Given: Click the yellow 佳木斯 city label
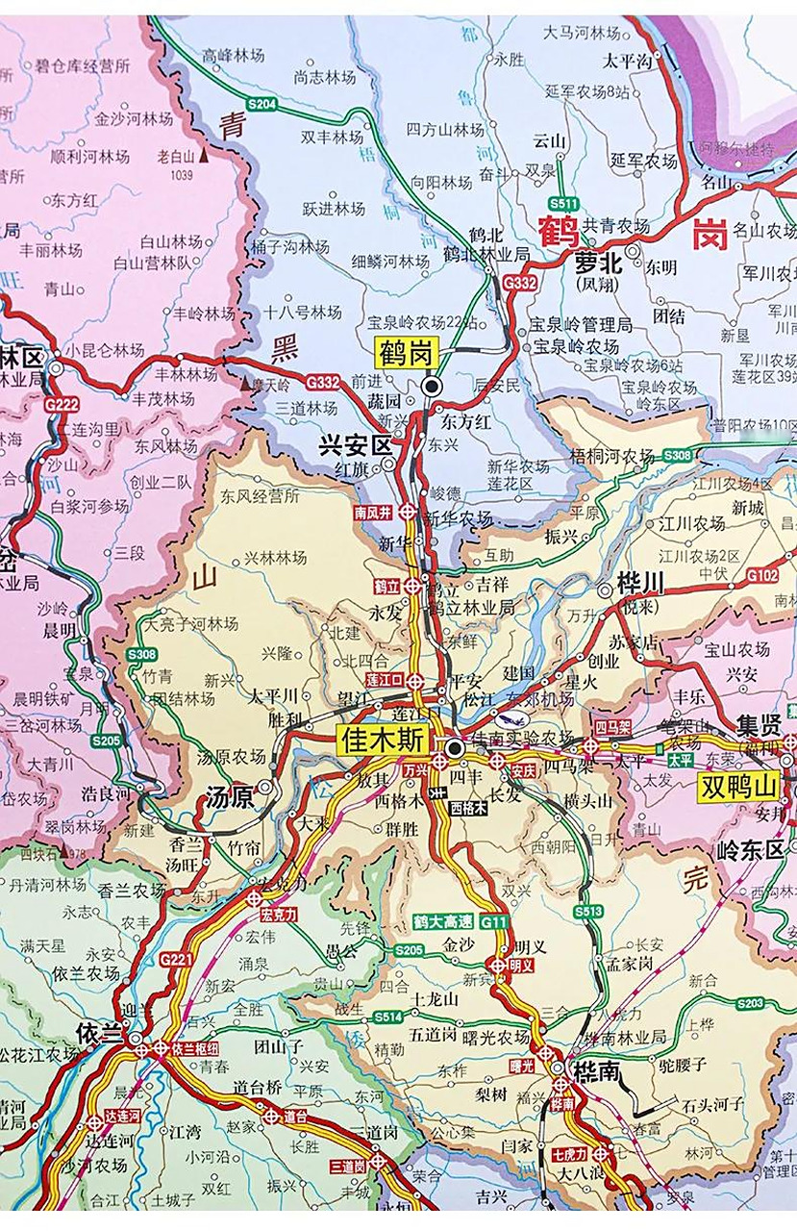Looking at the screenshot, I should pos(381,740).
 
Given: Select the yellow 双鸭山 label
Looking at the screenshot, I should pos(737,787).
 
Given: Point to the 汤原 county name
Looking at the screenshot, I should pos(228,795).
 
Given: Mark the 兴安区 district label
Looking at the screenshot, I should pos(356,445).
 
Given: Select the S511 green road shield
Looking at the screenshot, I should pos(562,204).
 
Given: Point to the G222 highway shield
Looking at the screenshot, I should pos(62,404).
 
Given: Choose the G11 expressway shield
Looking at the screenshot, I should pos(494,921).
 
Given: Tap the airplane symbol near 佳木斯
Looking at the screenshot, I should pos(502,719).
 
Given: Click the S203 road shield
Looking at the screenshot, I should pos(750,1003).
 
